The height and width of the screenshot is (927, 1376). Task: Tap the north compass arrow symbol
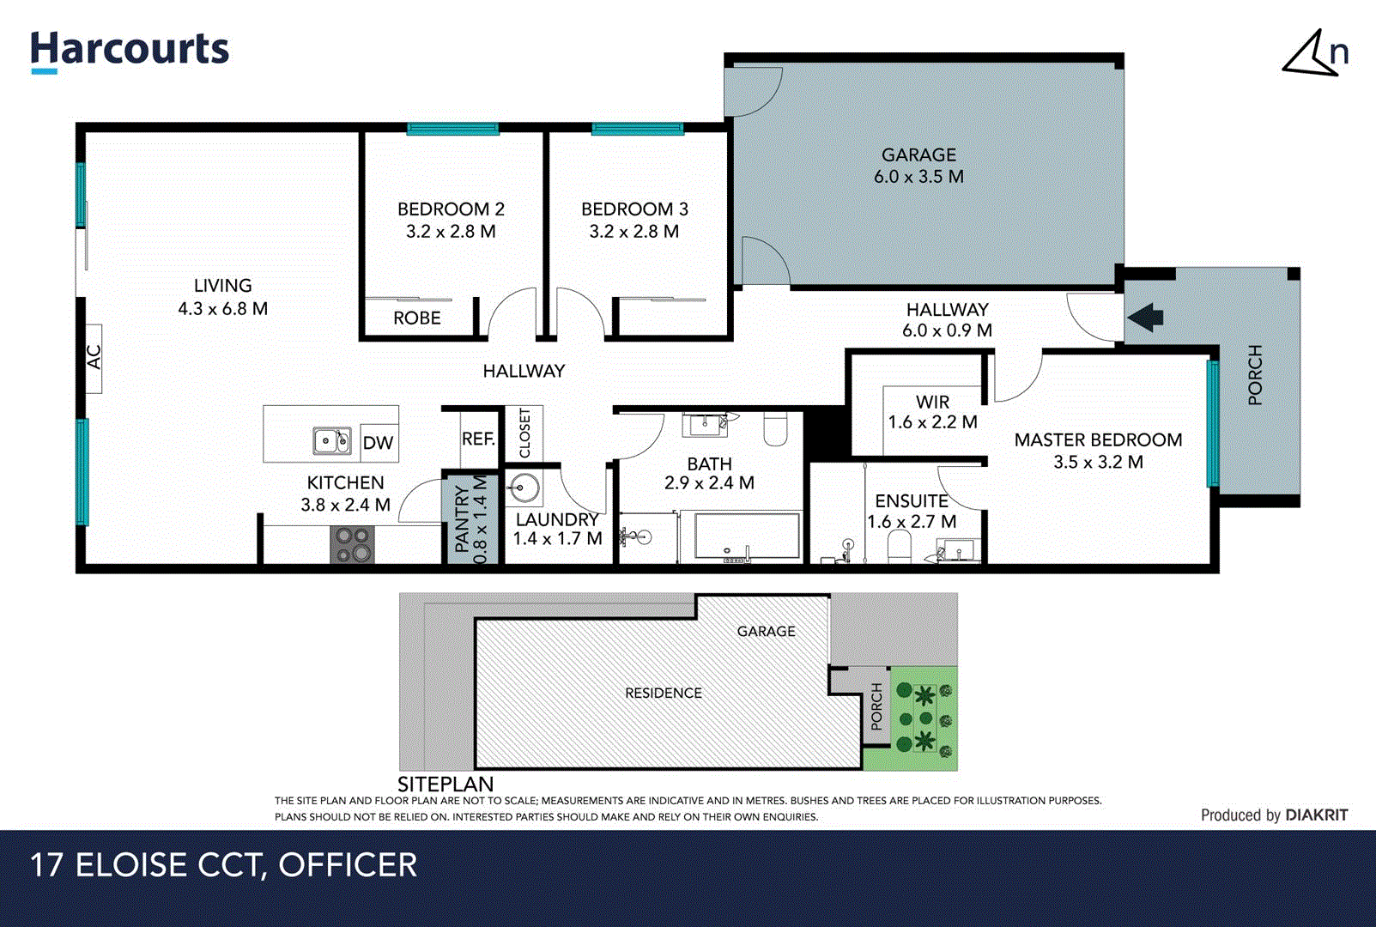pos(1312,55)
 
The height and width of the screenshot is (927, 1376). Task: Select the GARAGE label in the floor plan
pos(918,155)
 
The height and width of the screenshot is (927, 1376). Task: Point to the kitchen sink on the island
pos(330,441)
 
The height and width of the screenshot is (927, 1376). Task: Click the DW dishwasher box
pos(378,443)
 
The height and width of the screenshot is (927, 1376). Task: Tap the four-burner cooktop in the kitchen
pos(352,544)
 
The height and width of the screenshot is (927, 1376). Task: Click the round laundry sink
pos(523,489)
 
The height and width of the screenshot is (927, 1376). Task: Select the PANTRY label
pos(462,518)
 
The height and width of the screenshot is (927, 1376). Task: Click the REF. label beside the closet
pos(478,439)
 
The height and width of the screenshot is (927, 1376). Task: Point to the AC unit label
pos(94,356)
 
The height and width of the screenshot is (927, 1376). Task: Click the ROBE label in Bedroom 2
pos(417,318)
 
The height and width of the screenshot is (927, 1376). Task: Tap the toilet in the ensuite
pos(899,546)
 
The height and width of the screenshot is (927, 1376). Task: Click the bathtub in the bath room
pos(746,537)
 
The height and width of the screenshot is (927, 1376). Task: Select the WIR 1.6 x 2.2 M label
pos(932,412)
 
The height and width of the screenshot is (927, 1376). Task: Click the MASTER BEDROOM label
pos(1098,440)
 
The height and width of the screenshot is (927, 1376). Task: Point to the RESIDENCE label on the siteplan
pos(663,693)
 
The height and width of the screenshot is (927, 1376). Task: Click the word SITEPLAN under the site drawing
pos(446,784)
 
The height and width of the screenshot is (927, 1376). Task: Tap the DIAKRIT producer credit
pos(1317,815)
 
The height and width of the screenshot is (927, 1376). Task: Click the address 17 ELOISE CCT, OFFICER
pos(223,865)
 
